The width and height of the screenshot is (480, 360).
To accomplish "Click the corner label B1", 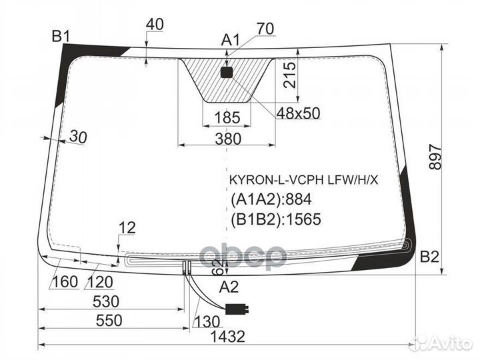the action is click(x=61, y=37).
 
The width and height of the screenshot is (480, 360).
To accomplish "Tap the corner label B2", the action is click(x=429, y=257).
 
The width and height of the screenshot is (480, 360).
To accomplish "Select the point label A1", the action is click(x=231, y=40).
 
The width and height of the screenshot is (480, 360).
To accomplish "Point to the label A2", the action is click(x=229, y=287).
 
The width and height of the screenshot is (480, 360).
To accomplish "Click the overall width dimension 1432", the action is click(x=228, y=337).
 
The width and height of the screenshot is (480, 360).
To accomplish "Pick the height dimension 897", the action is click(x=435, y=157).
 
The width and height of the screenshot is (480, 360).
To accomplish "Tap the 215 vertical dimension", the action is click(x=290, y=75).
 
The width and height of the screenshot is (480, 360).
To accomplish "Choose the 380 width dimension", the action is click(x=228, y=139).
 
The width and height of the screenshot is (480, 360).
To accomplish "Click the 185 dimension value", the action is click(x=227, y=118).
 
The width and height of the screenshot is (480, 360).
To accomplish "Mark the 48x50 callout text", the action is click(x=298, y=113).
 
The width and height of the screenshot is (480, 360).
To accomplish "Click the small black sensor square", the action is click(x=227, y=73).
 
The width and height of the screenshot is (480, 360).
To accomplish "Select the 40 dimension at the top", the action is click(x=155, y=25).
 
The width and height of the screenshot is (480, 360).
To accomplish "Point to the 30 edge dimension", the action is click(x=78, y=137).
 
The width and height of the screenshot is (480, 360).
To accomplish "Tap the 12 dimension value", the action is click(x=127, y=228).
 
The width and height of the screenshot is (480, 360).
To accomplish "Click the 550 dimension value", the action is click(x=109, y=321).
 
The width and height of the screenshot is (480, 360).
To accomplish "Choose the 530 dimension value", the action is click(x=105, y=301).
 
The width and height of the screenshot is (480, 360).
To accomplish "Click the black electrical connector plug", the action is click(x=237, y=309).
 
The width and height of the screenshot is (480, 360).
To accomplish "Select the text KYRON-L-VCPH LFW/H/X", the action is click(x=304, y=180).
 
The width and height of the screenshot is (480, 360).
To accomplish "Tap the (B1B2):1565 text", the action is click(x=276, y=219).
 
